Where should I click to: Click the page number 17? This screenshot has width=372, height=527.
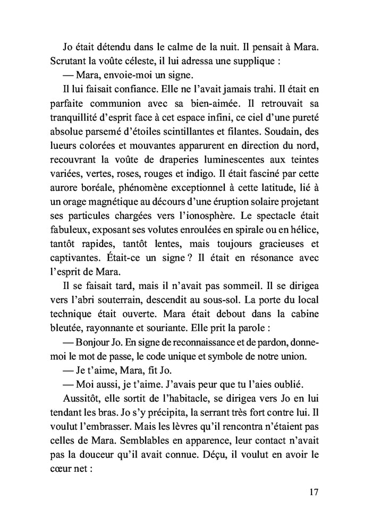point(312,492)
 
